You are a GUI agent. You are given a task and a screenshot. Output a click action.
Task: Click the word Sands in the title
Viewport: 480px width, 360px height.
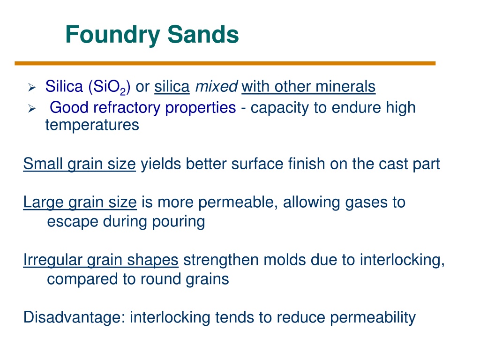pos(203,34)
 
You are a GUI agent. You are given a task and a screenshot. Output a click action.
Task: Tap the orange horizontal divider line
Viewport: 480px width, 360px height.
pos(225,63)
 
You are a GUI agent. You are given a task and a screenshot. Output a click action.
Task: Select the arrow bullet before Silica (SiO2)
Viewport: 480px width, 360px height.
pos(32,88)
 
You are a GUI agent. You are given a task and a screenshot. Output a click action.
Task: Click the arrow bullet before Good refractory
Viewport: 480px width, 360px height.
pos(32,108)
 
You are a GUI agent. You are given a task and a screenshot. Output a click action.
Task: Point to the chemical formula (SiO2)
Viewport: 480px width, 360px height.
pos(109,87)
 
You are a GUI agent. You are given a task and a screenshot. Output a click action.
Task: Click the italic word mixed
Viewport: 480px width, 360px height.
pos(217,86)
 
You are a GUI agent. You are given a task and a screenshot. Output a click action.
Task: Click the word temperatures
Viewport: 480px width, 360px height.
pos(92,125)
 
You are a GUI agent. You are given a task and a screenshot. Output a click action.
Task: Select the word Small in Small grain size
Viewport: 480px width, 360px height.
pos(43,164)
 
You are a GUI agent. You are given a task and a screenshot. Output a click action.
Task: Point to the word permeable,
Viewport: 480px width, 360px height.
pos(238,202)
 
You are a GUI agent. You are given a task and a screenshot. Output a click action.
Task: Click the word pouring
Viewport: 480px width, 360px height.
pos(179,222)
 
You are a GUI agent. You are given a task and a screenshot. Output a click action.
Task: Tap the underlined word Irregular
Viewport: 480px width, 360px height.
pos(52,260)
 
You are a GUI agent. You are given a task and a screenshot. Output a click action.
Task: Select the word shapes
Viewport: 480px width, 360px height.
pos(153,260)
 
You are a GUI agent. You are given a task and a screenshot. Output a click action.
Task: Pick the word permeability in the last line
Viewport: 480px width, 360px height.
pos(373,318)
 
